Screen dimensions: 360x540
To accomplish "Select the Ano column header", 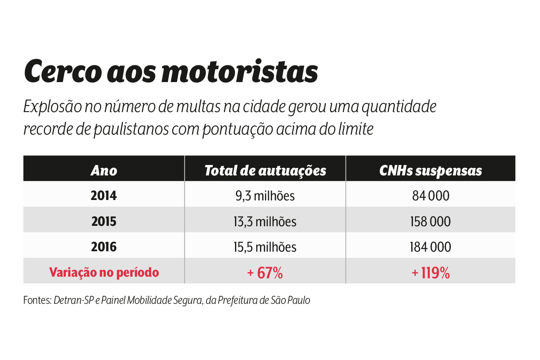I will [x=104, y=170].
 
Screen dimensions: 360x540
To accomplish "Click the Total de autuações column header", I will [x=265, y=170].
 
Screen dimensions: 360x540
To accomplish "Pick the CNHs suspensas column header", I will [x=430, y=170].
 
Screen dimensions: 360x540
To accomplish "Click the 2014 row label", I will [x=104, y=195].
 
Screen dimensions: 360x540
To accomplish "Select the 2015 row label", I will [x=104, y=221].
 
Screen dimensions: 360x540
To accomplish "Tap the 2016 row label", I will [x=104, y=247].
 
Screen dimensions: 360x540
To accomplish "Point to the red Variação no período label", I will [x=104, y=272].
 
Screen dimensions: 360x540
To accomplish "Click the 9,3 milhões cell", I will [x=265, y=195].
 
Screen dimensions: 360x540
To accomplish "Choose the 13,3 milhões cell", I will [x=265, y=221].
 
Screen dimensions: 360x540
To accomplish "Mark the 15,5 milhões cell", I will [x=265, y=247].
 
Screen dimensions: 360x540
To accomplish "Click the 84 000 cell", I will [x=430, y=195].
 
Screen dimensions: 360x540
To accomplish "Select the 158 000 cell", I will [x=430, y=221].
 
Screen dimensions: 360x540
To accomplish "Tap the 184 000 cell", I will [x=430, y=247].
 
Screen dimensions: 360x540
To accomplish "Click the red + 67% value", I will [x=265, y=273].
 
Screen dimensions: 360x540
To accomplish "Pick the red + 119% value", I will [x=430, y=273].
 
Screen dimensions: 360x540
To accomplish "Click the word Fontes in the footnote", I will [x=37, y=300].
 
